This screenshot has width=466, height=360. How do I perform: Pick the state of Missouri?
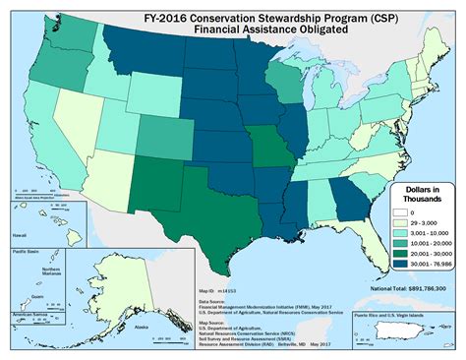[263, 147]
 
